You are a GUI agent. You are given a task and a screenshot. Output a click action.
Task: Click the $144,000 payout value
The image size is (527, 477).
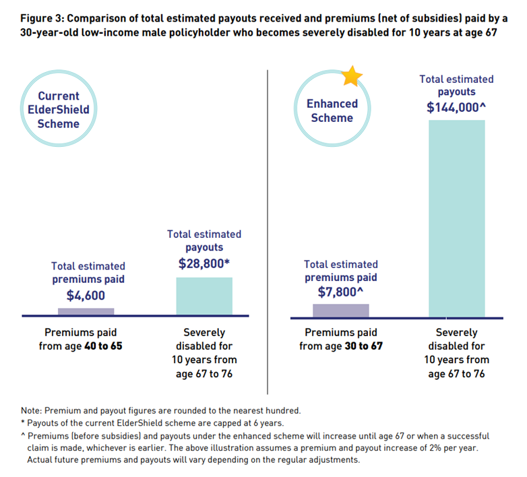pos(456,108)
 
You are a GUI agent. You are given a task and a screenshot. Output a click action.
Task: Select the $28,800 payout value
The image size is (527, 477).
pos(204,263)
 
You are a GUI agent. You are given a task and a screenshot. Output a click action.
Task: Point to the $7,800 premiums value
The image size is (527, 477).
pos(341,293)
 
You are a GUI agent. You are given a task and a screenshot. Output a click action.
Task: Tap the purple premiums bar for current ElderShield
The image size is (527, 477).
pos(86,312)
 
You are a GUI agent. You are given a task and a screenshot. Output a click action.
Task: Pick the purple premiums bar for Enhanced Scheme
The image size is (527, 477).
pos(341,311)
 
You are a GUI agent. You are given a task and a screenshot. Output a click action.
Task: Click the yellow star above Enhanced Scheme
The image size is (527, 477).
pos(351,76)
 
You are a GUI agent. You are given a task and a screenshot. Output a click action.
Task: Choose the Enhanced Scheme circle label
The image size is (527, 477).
pos(332,111)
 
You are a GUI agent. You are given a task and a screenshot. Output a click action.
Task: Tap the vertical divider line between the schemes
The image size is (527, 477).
pos(268,229)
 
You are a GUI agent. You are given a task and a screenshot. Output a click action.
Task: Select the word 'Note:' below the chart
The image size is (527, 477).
pos(32,411)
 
